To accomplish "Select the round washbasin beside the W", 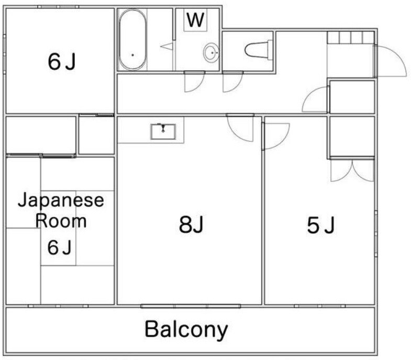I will click(x=211, y=53).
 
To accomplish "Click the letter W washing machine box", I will click(x=195, y=20).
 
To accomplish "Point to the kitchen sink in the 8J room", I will click(x=163, y=130).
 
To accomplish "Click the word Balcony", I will click(x=186, y=330).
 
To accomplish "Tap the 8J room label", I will click(x=191, y=225).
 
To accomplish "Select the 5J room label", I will click(x=320, y=226).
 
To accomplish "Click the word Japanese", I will click(x=61, y=200).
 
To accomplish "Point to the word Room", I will click(x=61, y=221).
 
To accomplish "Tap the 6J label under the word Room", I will click(x=59, y=247).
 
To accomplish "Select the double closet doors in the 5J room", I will click(x=352, y=169).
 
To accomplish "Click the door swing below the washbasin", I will click(x=194, y=82).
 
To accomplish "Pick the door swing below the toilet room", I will click(x=232, y=82).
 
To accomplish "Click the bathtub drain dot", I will click(x=132, y=54).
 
